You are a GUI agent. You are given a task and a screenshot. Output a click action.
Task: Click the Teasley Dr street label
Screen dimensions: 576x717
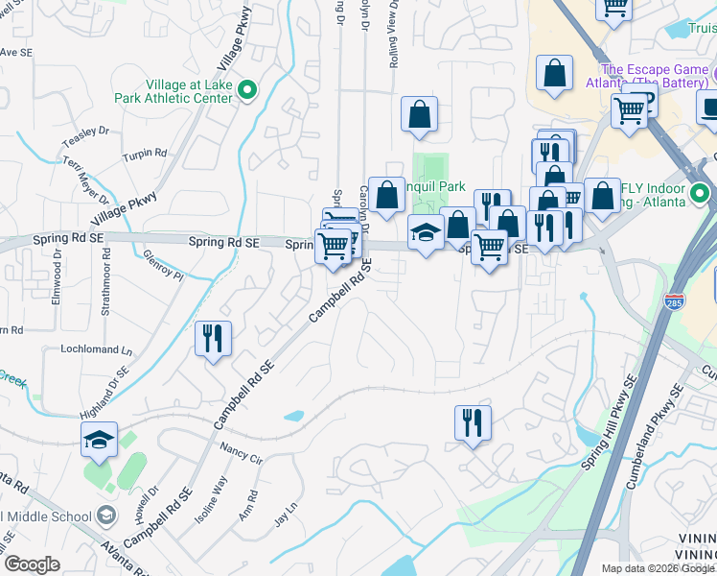point(87,138)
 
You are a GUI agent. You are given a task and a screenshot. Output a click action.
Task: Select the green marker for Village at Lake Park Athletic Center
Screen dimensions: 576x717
point(247,91)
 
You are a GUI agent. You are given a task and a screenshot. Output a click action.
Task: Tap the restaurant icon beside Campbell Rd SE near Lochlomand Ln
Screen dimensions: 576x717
point(212,339)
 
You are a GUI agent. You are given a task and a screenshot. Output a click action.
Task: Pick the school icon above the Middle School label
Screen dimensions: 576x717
point(99,440)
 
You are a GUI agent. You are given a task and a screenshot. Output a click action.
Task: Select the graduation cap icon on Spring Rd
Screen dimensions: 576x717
point(426,232)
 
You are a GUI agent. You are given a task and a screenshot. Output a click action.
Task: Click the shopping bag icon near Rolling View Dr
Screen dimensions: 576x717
point(419,115)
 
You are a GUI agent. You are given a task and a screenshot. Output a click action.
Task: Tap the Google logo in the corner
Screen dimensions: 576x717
point(32,564)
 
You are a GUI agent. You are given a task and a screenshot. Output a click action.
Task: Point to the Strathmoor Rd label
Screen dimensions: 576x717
point(106,283)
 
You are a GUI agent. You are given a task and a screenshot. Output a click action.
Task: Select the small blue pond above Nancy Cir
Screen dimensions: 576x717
point(293,417)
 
